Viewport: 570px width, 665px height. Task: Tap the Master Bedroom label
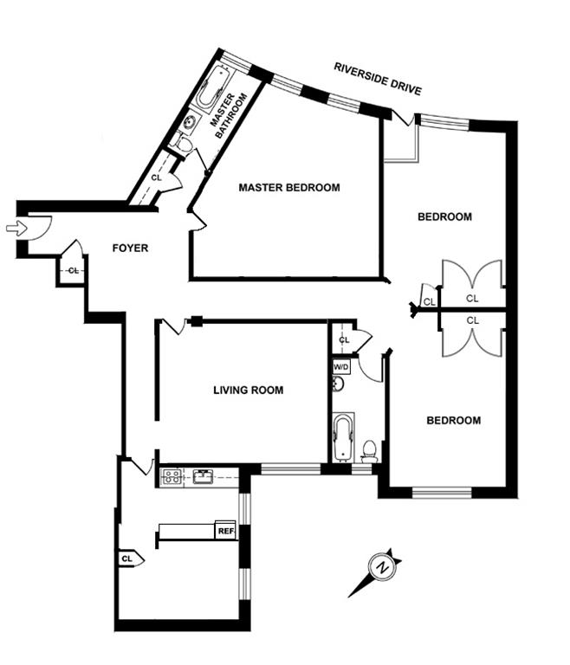tap(288, 187)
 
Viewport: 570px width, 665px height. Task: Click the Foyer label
tap(130, 249)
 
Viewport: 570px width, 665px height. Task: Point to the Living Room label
tap(248, 391)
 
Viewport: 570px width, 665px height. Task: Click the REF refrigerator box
tap(226, 531)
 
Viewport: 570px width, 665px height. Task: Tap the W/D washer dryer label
tap(340, 366)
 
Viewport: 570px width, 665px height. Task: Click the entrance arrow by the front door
tap(16, 228)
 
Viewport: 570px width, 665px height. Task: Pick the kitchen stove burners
tap(171, 475)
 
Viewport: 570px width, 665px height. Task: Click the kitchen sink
tap(204, 475)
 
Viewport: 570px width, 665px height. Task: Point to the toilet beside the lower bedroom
tap(369, 450)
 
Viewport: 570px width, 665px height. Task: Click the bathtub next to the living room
tap(344, 437)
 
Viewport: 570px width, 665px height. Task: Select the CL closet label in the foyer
tap(73, 270)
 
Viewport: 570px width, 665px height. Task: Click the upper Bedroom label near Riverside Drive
tap(444, 216)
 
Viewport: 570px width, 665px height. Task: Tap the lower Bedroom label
tap(453, 421)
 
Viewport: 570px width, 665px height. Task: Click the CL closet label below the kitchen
tap(127, 558)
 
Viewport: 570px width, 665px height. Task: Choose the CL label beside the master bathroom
tap(157, 178)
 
